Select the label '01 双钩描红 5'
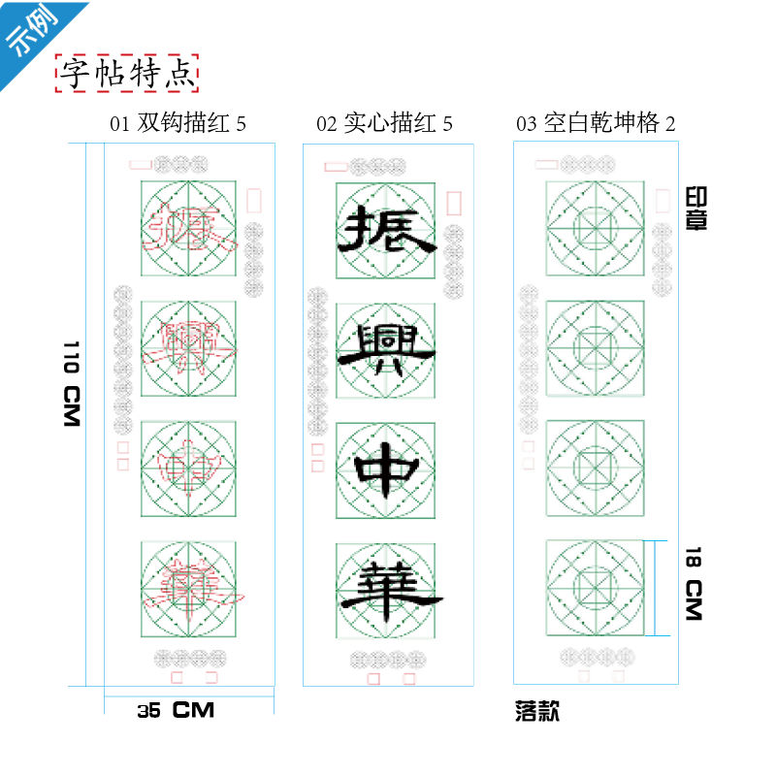178,123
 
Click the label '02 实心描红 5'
384,123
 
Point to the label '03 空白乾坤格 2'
596,123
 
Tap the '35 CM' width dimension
176,710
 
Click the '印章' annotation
695,208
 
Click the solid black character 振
385,231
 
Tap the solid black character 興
385,349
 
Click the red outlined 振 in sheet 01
189,231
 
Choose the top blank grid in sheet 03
595,230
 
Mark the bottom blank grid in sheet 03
595,588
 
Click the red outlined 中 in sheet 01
189,469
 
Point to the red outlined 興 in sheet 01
189,349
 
